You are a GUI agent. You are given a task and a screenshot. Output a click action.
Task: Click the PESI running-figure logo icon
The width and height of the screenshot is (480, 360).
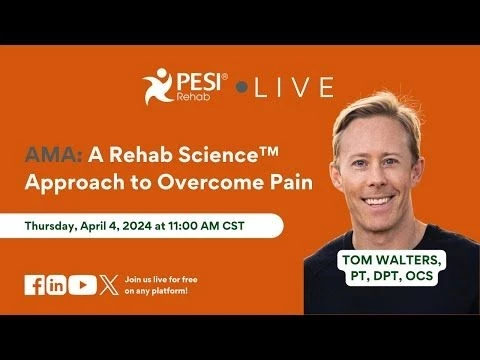(x=158, y=86)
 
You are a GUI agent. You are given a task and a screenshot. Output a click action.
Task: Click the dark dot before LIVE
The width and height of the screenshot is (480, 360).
(x=241, y=88)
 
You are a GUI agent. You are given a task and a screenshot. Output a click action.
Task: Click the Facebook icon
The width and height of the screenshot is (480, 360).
(x=34, y=285)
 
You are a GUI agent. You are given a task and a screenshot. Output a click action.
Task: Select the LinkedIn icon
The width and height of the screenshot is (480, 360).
(x=56, y=285)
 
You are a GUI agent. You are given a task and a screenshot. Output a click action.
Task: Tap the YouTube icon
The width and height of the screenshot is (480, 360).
(x=83, y=285)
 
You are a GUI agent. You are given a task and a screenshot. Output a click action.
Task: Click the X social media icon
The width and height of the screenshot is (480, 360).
(x=108, y=285)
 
